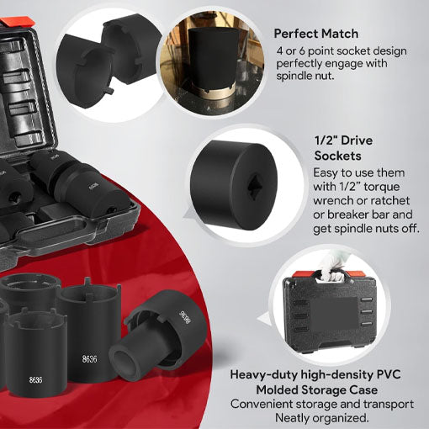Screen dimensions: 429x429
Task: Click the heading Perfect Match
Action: coord(316,34)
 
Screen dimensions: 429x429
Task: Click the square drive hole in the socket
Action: coord(255,186)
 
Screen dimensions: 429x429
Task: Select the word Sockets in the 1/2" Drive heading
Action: coord(337,156)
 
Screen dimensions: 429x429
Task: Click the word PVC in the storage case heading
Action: coord(388,374)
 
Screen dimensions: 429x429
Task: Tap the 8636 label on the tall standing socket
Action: coord(90,359)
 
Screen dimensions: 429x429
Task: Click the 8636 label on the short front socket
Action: coord(36,380)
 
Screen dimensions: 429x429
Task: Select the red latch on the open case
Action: coord(16,22)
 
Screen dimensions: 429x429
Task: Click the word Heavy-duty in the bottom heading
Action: coord(262,375)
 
